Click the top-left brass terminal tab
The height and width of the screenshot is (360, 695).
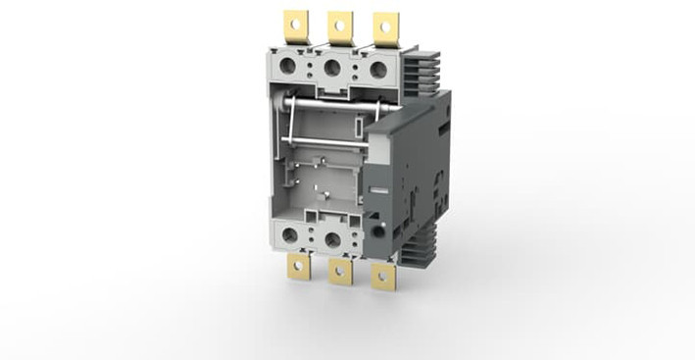point(294,25)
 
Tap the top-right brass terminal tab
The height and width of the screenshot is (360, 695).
point(386,27)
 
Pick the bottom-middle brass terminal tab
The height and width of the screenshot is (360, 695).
point(340,275)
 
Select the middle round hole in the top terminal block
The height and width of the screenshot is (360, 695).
point(333,68)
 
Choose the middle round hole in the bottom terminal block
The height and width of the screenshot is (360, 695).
point(332,238)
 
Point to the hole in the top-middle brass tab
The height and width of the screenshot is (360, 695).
point(341,22)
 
